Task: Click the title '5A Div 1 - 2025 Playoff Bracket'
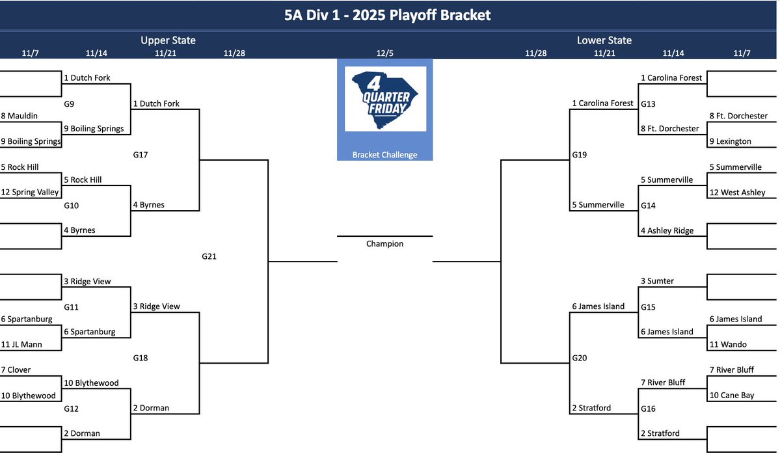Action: pos(388,14)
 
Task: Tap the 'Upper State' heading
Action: pos(168,40)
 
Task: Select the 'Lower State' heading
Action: pos(604,40)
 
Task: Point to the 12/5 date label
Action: pos(384,53)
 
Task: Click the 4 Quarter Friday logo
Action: pos(384,99)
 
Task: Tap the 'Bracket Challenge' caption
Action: pos(384,155)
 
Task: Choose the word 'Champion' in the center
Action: pos(384,244)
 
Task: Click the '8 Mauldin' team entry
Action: pos(20,116)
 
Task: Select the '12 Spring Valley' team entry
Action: pos(30,193)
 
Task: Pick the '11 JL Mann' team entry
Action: pos(21,345)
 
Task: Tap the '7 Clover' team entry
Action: pos(16,370)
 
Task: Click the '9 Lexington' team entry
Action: pos(730,141)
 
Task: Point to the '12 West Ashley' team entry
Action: pos(737,193)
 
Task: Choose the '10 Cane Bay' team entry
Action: pos(732,396)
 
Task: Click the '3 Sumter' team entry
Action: pos(657,281)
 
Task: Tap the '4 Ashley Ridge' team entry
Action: pos(667,230)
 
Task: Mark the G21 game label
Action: pos(209,256)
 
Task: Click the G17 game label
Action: pos(141,155)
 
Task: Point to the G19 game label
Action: pos(580,155)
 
